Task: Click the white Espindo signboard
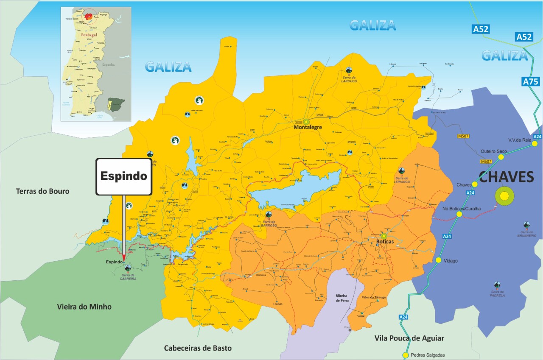(124, 176)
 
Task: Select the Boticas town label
(385, 242)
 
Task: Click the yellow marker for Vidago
(438, 260)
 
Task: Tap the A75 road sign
(530, 82)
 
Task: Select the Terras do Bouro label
(42, 191)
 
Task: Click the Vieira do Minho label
(84, 307)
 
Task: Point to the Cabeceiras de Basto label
(198, 348)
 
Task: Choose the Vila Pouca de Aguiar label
(409, 338)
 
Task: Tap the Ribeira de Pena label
(341, 297)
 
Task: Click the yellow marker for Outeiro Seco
(501, 157)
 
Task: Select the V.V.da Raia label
(520, 140)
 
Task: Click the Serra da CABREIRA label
(128, 276)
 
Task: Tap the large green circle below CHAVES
(504, 196)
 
